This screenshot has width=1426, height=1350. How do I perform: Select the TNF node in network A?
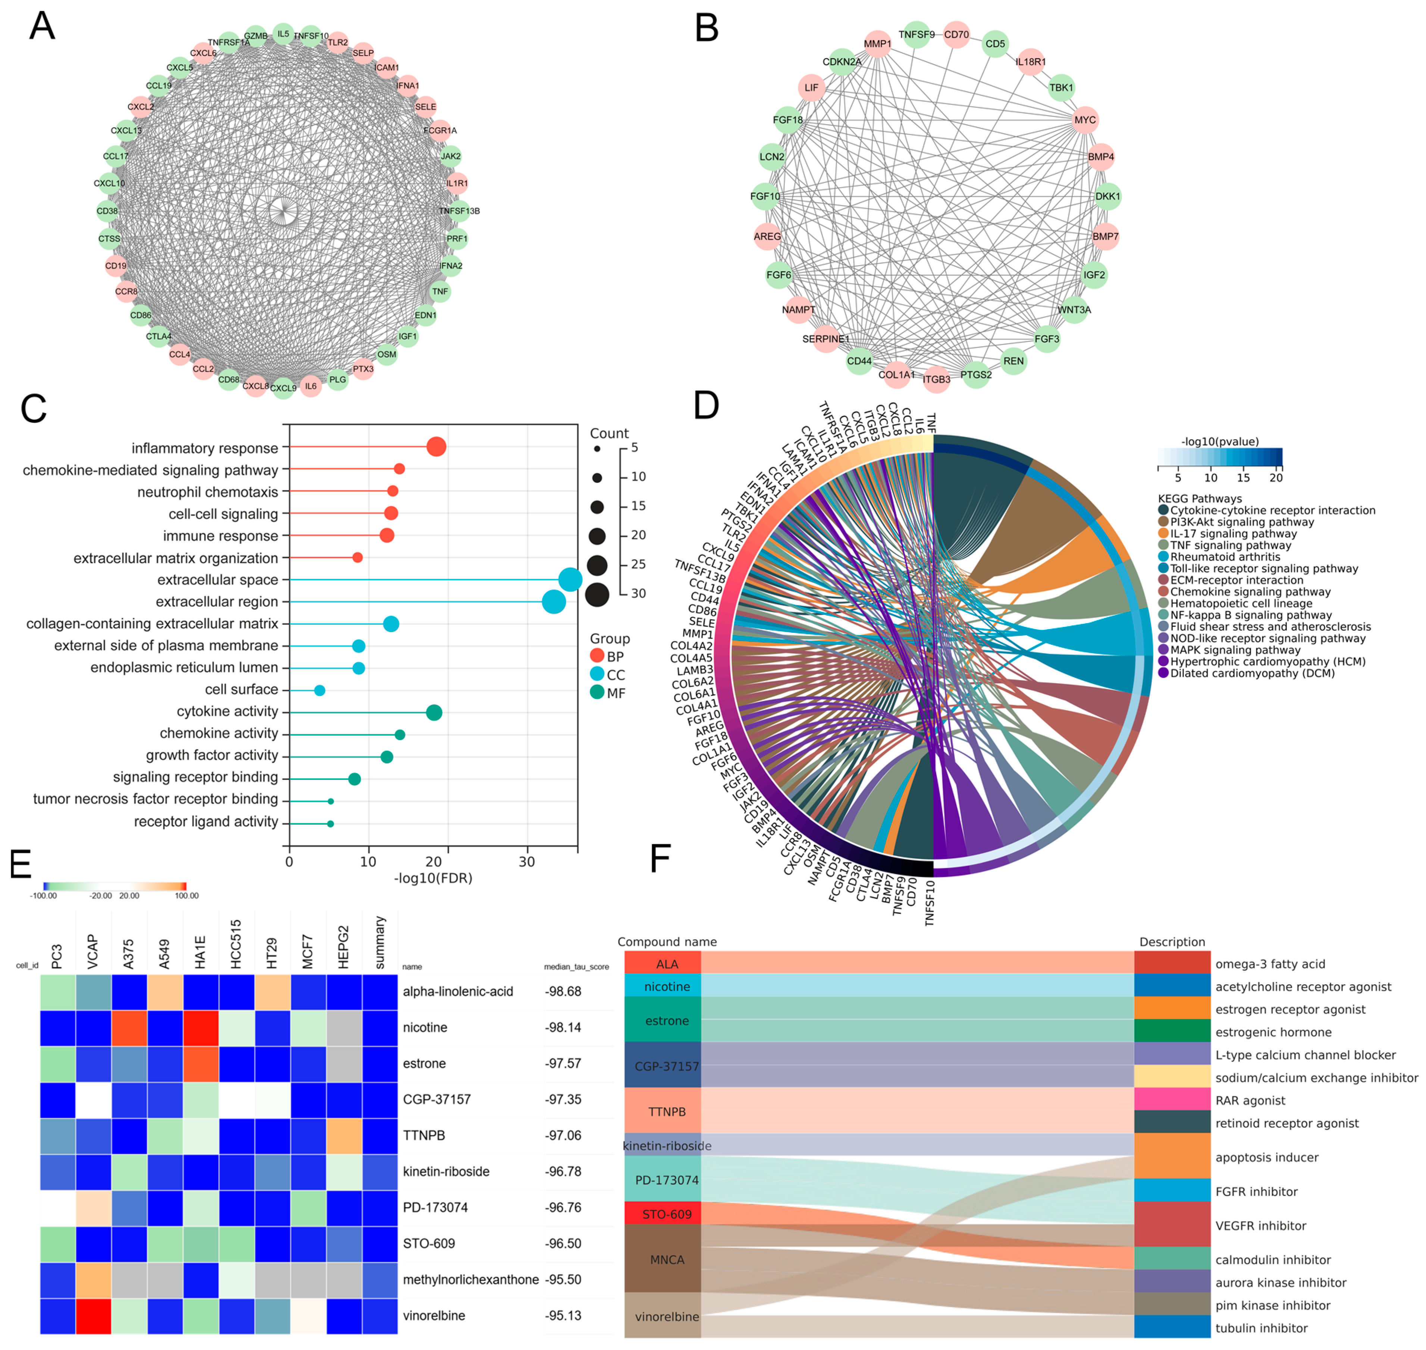click(x=440, y=291)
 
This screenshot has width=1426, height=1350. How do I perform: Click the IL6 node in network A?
click(x=311, y=387)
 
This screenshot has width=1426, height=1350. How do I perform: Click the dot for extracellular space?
click(x=570, y=579)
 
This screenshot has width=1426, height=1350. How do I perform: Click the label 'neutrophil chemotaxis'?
click(x=207, y=492)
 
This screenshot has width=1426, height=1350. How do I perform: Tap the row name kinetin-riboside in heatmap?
click(x=446, y=1172)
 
